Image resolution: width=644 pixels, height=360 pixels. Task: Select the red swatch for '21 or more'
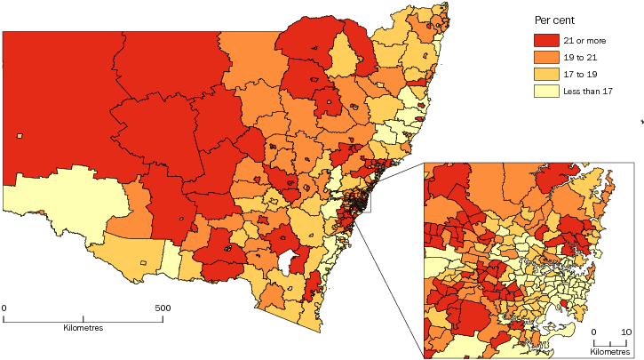click(x=546, y=40)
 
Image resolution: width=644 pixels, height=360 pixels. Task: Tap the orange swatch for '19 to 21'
click(x=546, y=57)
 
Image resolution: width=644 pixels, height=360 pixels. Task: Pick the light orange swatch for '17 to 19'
click(x=546, y=74)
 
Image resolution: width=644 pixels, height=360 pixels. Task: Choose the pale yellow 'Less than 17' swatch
click(x=546, y=91)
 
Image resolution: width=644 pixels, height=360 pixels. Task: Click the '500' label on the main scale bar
click(x=163, y=308)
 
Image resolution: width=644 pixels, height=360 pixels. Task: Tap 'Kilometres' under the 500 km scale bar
click(x=83, y=328)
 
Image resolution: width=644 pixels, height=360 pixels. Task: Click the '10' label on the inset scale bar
click(x=625, y=332)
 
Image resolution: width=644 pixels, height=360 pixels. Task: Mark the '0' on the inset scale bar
click(x=595, y=332)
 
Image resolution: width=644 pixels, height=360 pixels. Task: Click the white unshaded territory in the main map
click(x=287, y=262)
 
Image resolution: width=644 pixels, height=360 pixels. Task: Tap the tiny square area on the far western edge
click(x=20, y=136)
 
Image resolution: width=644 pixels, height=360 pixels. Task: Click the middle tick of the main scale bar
click(x=83, y=318)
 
